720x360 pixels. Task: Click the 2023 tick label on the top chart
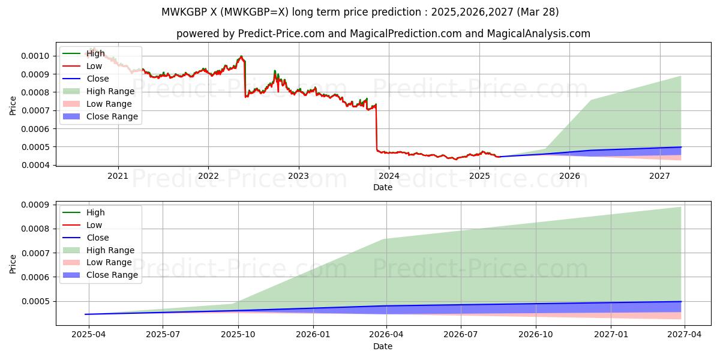click(x=298, y=176)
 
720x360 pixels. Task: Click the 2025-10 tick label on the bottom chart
click(x=238, y=335)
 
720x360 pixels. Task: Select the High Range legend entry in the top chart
click(x=110, y=91)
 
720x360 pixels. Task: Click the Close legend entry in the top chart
click(x=98, y=79)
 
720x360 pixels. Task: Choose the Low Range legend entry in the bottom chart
click(x=109, y=262)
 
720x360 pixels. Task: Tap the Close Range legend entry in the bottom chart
click(x=112, y=275)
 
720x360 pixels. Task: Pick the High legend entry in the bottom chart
click(x=95, y=212)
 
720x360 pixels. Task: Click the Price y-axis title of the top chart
click(x=13, y=106)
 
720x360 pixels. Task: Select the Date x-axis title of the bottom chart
click(x=383, y=346)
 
